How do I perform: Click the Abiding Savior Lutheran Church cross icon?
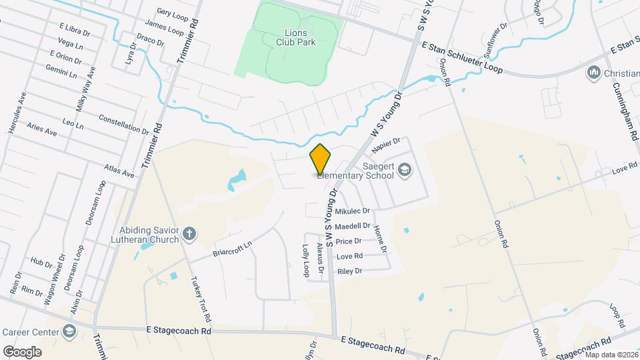(x=190, y=233)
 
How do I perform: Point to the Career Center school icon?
(x=69, y=331)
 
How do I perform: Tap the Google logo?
(x=22, y=351)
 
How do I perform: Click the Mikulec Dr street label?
(x=352, y=211)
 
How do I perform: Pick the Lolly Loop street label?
(x=307, y=259)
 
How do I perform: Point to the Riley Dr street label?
(x=349, y=271)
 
